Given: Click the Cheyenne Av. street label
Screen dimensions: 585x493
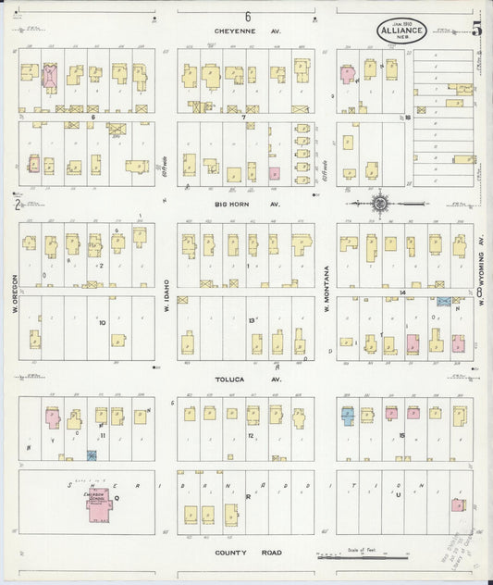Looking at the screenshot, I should pyautogui.click(x=247, y=31).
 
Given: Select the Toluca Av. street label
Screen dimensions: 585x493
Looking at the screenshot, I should pyautogui.click(x=247, y=380).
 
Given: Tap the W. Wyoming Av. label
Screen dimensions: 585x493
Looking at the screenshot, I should pyautogui.click(x=482, y=268).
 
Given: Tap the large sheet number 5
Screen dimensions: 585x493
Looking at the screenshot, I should pyautogui.click(x=476, y=29).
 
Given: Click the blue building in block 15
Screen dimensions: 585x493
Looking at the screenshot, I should pyautogui.click(x=348, y=417).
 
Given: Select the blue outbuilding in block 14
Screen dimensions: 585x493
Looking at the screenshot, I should pyautogui.click(x=444, y=302).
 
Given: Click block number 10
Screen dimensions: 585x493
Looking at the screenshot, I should pyautogui.click(x=103, y=323).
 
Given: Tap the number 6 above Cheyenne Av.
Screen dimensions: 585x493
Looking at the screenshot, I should pyautogui.click(x=248, y=17).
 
